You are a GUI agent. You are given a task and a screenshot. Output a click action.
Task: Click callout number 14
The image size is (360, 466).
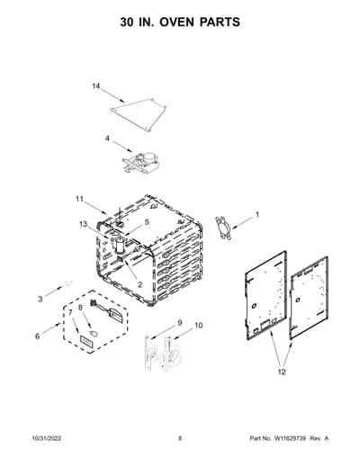click(x=95, y=86)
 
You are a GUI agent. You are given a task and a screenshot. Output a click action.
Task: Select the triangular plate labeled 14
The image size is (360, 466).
click(x=139, y=114)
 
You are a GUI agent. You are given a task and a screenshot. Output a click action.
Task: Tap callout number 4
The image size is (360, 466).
click(x=107, y=139)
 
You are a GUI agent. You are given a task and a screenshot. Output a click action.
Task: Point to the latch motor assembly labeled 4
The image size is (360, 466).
click(x=141, y=163)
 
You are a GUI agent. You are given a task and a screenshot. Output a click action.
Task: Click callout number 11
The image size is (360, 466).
click(x=79, y=199)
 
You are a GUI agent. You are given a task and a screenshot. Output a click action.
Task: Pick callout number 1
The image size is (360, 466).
click(x=257, y=215)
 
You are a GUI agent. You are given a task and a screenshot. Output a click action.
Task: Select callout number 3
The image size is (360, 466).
click(x=40, y=299)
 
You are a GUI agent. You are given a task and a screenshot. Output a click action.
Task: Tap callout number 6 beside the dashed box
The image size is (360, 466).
click(x=37, y=336)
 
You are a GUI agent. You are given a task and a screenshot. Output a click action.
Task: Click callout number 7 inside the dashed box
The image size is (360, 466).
click(x=70, y=312)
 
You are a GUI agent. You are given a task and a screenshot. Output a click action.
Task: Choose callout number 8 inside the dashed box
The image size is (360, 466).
click(x=80, y=308)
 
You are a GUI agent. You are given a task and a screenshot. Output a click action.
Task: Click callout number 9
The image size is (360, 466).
click(x=180, y=323)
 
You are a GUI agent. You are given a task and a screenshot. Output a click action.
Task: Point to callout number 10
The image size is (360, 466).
click(x=199, y=326)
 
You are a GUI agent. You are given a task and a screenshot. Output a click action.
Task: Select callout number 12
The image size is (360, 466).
click(x=282, y=372)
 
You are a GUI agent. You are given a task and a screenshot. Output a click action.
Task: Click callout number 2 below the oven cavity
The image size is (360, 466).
click(x=139, y=284)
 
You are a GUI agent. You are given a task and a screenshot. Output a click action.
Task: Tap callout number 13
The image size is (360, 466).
click(x=83, y=224)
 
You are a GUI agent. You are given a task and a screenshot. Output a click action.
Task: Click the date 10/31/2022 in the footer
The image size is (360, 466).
click(x=47, y=438)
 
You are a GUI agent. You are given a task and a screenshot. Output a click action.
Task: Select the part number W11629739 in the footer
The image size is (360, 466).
click(x=290, y=438)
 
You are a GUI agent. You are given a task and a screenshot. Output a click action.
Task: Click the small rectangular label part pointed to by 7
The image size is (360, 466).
click(x=86, y=342)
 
